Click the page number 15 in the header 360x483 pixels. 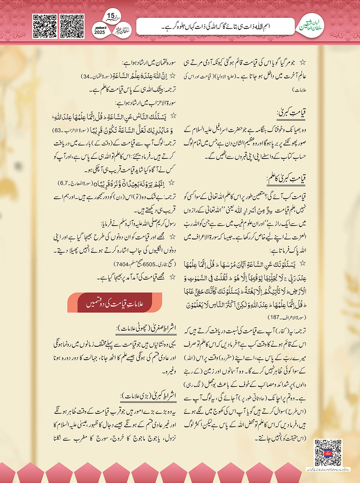pos(111,16)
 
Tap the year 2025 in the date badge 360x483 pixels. pos(100,32)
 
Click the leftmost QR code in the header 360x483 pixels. pos(45,26)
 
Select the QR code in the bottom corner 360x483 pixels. pos(328,453)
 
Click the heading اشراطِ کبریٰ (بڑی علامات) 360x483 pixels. pos(148,396)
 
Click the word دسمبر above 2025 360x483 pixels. pos(100,27)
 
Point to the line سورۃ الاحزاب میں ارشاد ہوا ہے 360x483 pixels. pos(145,103)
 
